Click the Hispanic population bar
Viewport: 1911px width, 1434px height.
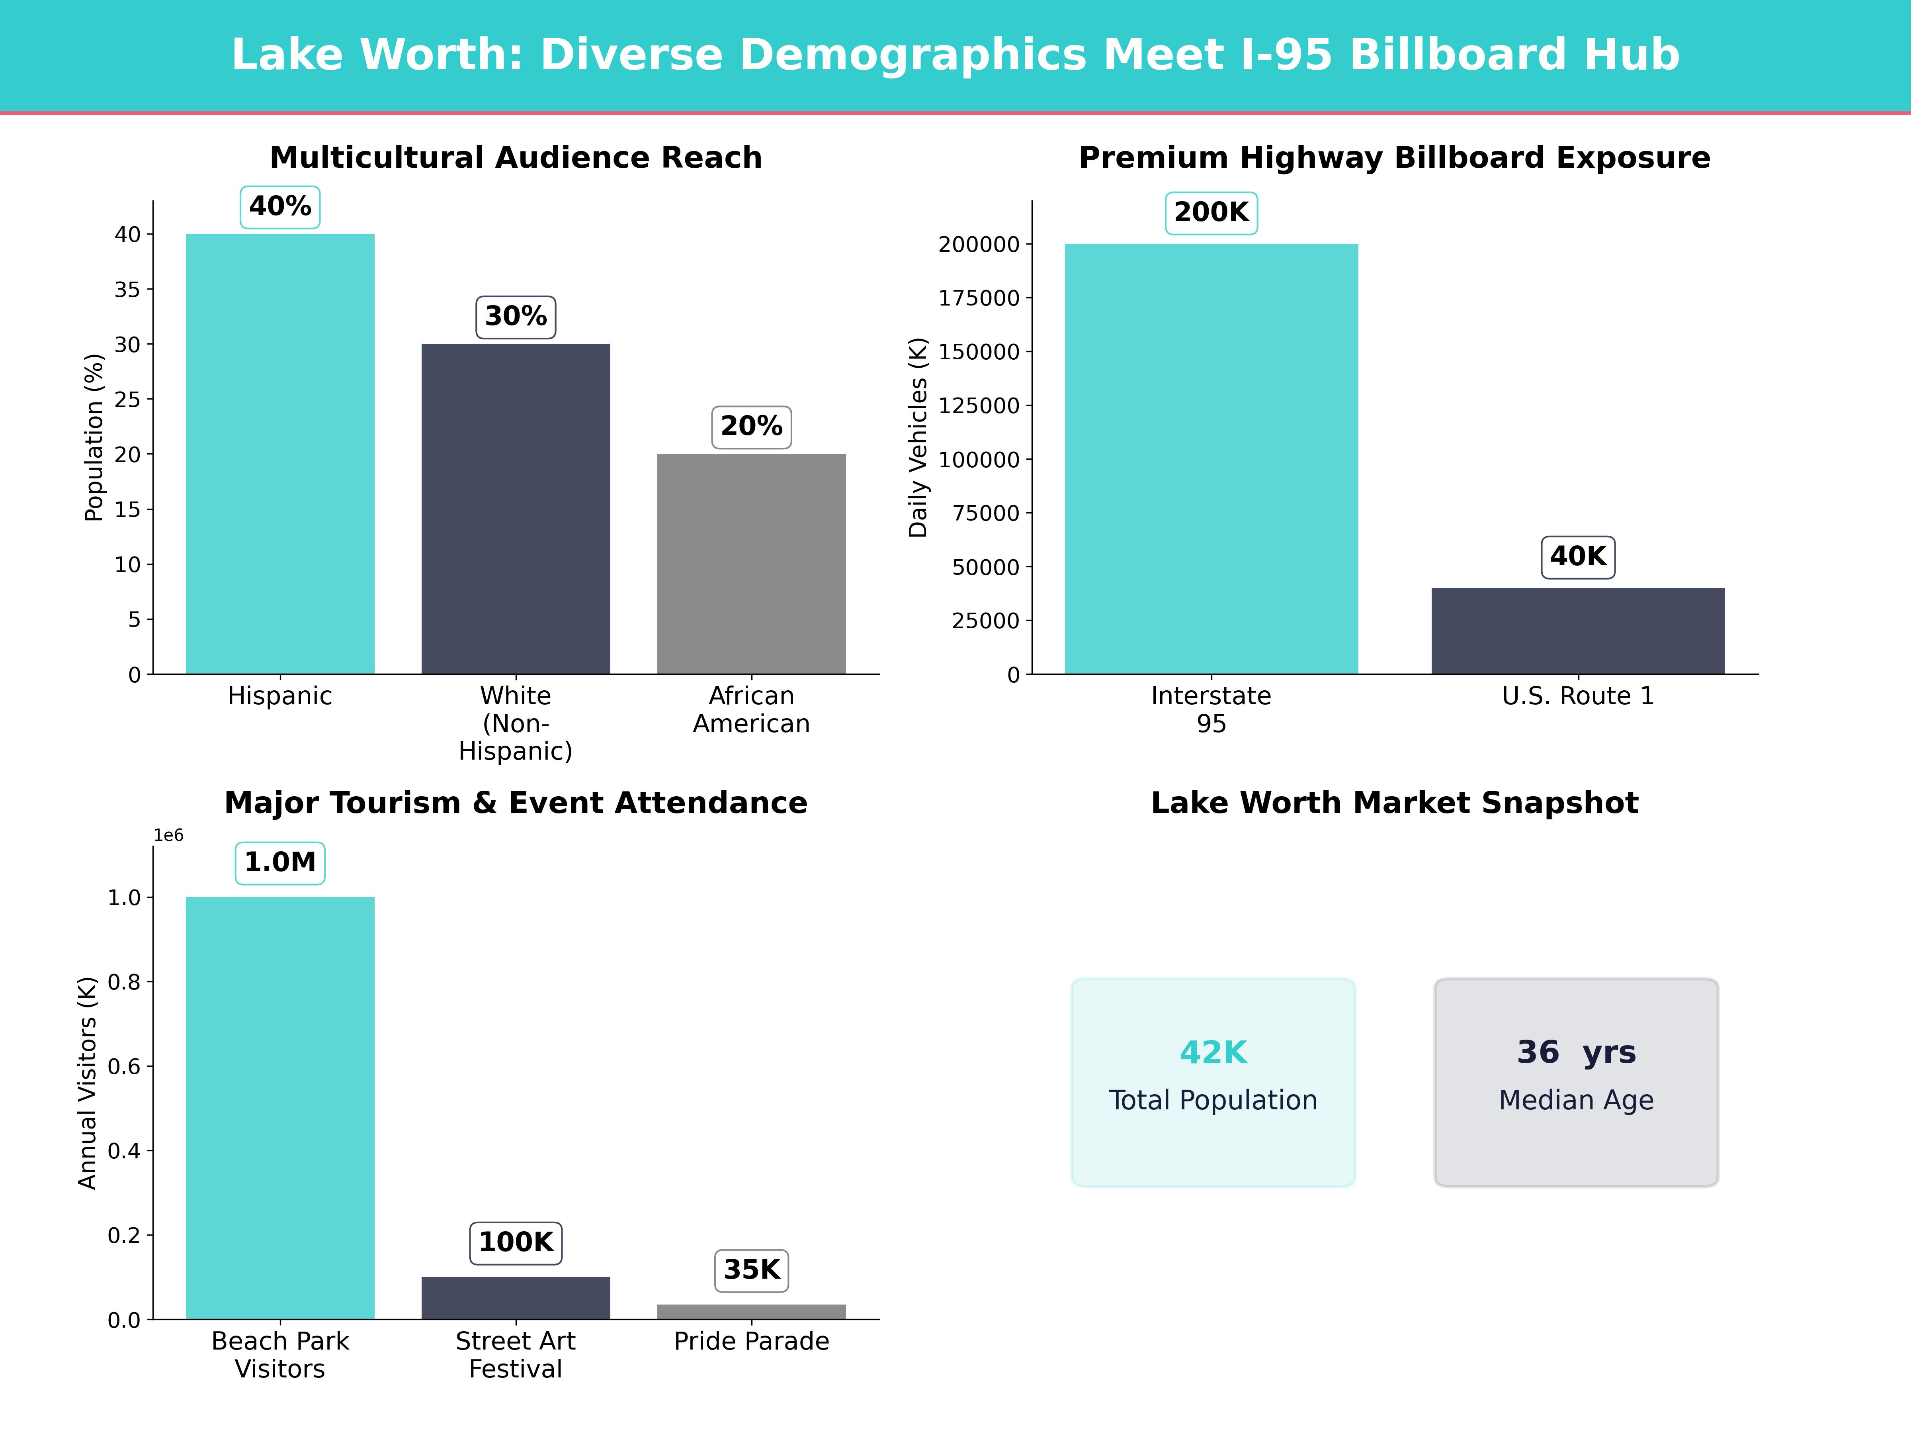[280, 454]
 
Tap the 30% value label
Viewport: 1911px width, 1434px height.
[516, 316]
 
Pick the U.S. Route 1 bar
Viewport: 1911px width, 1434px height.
[1577, 631]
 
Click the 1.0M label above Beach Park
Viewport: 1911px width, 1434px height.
[280, 863]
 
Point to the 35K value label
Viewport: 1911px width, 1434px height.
[752, 1270]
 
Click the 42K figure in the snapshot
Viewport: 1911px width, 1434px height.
[1213, 1053]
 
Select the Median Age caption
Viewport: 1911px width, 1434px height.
[1576, 1100]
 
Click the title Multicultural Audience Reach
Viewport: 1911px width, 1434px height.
[516, 157]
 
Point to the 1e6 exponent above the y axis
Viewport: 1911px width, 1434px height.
[168, 835]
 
